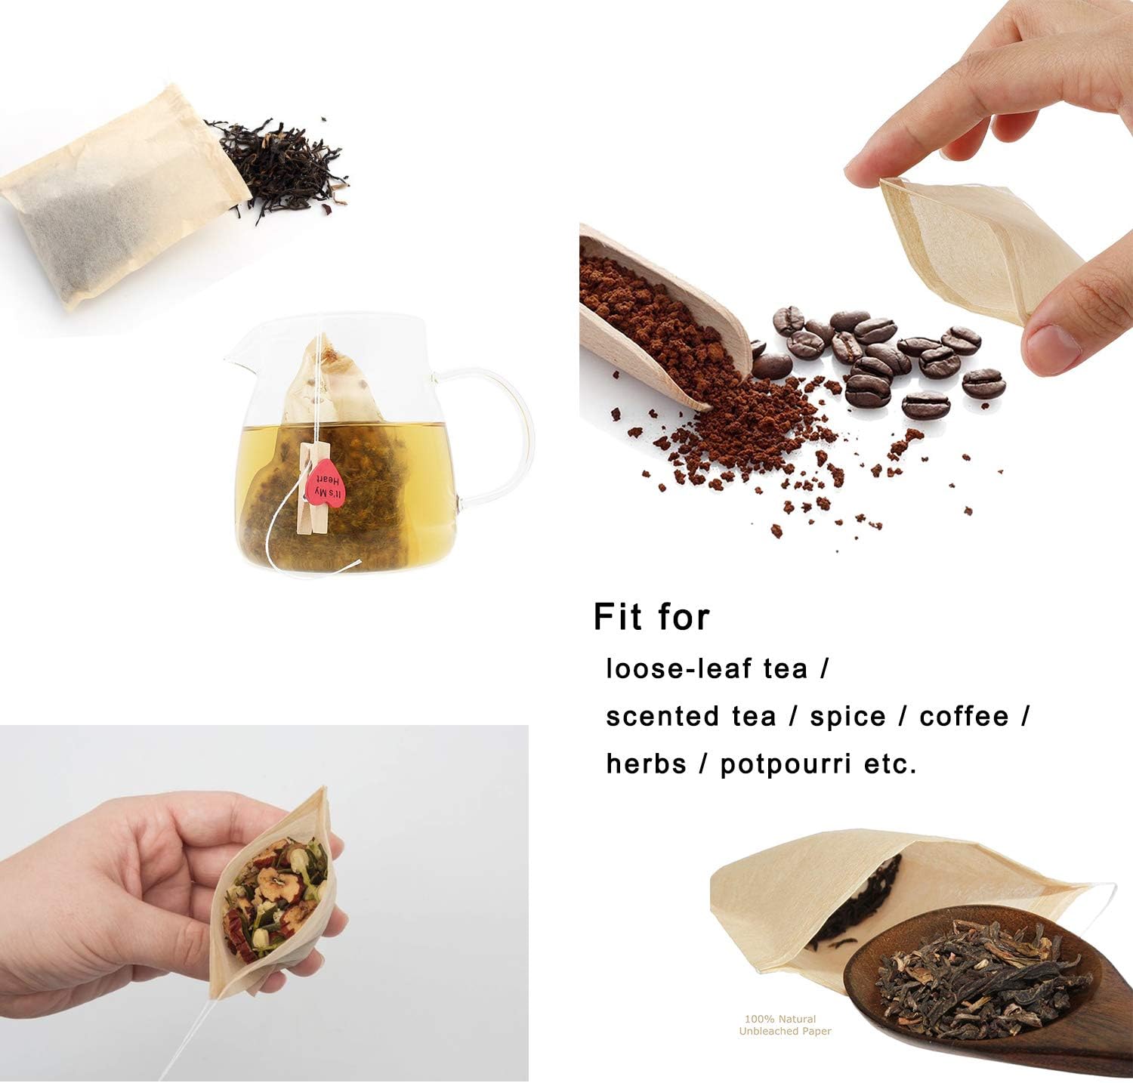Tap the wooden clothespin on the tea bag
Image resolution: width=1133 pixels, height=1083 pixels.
point(310,491)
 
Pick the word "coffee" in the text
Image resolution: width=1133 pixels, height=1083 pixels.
point(964,716)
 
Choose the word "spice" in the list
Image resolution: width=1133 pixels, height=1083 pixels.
point(847,716)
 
